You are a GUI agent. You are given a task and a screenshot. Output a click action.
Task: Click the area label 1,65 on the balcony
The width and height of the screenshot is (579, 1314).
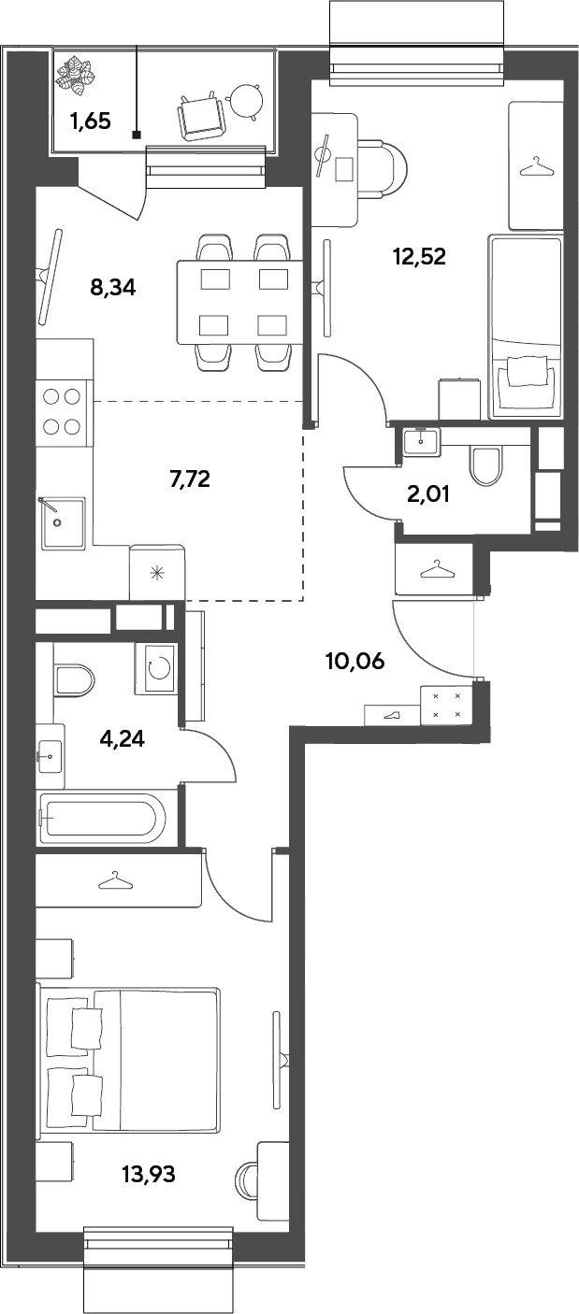pyautogui.click(x=90, y=122)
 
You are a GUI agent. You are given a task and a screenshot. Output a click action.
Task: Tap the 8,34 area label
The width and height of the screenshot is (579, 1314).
pyautogui.click(x=113, y=287)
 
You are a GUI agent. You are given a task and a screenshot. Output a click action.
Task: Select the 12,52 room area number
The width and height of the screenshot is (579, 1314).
pyautogui.click(x=420, y=256)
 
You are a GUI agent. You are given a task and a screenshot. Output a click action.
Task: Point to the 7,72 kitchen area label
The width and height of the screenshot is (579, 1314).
pyautogui.click(x=189, y=479)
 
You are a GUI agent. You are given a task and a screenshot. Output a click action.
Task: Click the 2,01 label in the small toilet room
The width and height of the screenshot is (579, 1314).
pyautogui.click(x=428, y=494)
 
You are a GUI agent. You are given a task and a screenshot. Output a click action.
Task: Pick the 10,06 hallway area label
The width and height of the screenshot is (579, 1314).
pyautogui.click(x=355, y=662)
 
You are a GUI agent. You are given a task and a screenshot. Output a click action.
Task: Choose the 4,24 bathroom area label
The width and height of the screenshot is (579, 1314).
pyautogui.click(x=123, y=738)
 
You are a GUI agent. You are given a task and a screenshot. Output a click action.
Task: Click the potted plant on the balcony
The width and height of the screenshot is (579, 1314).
pyautogui.click(x=75, y=75)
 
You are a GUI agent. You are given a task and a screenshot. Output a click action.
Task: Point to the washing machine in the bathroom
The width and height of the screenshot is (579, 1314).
pyautogui.click(x=155, y=669)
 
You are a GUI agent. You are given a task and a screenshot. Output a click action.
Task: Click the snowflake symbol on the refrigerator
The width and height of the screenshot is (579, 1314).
pyautogui.click(x=156, y=573)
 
